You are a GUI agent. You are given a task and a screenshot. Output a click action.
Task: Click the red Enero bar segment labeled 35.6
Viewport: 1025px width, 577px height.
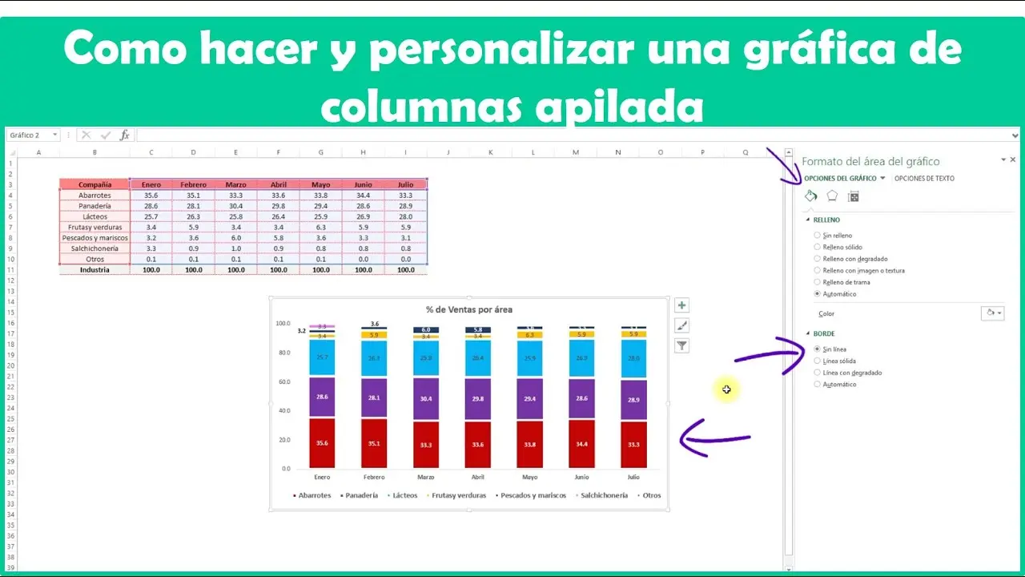(322, 443)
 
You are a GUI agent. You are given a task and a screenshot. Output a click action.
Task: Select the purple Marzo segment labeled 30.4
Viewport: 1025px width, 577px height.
(426, 398)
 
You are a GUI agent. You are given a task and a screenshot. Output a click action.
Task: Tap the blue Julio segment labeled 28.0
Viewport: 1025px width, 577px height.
(633, 358)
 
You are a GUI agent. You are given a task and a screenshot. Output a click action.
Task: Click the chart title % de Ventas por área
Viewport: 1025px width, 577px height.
(469, 309)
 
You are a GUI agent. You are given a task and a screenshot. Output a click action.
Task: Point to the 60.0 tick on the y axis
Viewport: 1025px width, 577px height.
(283, 382)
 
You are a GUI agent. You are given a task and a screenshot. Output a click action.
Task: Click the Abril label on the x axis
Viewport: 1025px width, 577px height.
(478, 477)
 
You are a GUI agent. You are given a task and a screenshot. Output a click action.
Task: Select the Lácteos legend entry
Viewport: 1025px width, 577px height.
(404, 495)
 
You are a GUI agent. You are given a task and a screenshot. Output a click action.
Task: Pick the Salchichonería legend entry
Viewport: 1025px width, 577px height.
(604, 495)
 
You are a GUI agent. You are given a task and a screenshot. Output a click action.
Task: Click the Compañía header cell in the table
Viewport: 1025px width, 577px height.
(94, 185)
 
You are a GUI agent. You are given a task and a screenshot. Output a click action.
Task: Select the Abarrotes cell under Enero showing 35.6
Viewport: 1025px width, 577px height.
(151, 196)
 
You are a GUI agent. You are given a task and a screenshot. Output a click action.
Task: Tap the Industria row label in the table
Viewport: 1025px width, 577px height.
(94, 270)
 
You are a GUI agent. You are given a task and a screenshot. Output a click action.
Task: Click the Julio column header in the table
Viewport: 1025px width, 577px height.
(405, 185)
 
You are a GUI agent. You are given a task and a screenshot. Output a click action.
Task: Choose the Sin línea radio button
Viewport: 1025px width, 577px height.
(818, 349)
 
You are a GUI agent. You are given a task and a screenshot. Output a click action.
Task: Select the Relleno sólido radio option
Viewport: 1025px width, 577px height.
(818, 247)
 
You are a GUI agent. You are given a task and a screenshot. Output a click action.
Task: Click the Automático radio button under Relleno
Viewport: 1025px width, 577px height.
(818, 294)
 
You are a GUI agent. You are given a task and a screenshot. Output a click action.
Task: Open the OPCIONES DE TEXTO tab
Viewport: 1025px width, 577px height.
(924, 179)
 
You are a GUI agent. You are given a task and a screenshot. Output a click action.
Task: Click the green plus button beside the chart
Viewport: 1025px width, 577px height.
(682, 305)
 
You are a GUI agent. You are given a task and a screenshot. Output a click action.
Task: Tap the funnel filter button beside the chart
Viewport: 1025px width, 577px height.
(682, 345)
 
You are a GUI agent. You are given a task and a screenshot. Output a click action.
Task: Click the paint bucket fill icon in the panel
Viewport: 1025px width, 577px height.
(810, 196)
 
